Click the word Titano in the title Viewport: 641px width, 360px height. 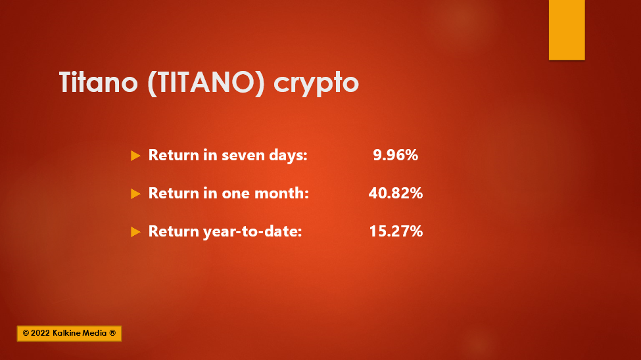99,82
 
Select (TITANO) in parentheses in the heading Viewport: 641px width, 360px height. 206,83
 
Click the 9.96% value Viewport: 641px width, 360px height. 395,155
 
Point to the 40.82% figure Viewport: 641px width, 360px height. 395,193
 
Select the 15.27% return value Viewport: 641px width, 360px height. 396,231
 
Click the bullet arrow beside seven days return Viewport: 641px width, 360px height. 135,156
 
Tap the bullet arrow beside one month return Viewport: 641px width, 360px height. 135,194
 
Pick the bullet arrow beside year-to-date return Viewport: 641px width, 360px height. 135,232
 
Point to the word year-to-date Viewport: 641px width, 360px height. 252,232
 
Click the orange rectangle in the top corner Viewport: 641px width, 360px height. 567,30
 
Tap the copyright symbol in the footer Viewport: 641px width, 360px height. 26,334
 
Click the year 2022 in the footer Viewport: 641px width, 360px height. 41,334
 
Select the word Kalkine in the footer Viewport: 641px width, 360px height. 67,334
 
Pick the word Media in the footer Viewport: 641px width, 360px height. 95,334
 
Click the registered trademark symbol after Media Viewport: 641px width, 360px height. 112,333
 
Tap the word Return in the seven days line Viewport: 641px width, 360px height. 174,155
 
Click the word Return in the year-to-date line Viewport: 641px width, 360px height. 174,231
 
